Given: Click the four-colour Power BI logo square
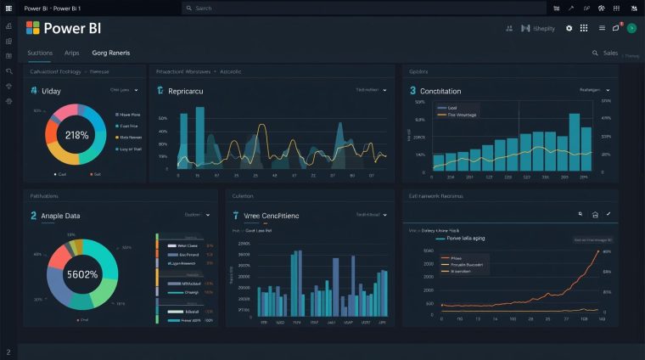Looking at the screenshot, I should [33, 28].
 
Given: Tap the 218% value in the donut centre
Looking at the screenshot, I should [76, 135].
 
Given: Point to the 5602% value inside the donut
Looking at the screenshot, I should [81, 274].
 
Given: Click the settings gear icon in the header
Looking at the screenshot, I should [569, 28].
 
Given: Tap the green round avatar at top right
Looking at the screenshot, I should [631, 28].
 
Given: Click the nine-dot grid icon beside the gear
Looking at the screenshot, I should [584, 28].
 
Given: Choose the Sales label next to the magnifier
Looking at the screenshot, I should [610, 53].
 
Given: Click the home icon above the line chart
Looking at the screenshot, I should [595, 215].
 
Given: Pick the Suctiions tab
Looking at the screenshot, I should [40, 53].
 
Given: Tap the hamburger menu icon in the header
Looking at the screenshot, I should [602, 28].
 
